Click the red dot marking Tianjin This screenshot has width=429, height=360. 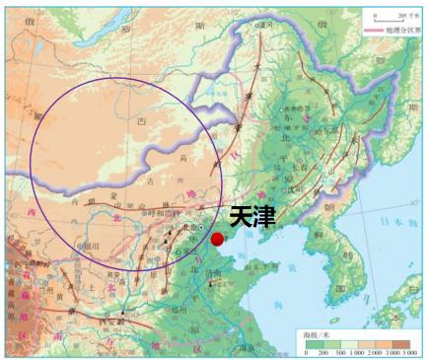pyautogui.click(x=217, y=238)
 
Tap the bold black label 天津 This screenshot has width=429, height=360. pyautogui.click(x=252, y=216)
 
